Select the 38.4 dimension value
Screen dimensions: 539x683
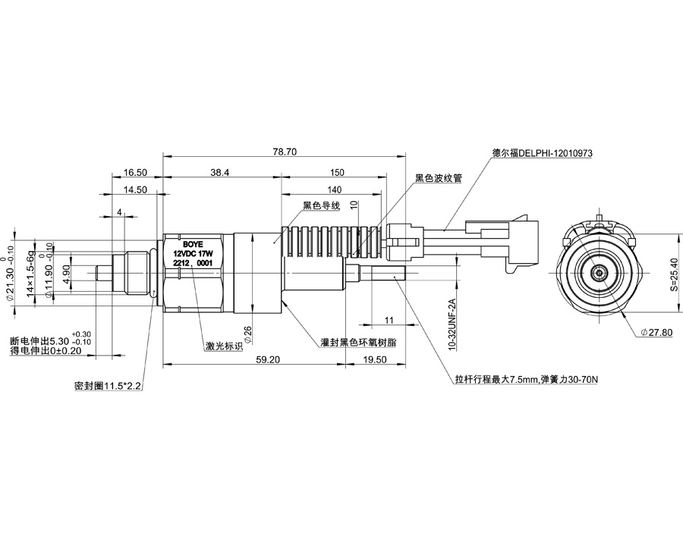[x=220, y=173]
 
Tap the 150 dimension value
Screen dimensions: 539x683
[x=338, y=173]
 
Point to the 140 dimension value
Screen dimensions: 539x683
[x=334, y=190]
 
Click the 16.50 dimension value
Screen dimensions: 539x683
[x=136, y=173]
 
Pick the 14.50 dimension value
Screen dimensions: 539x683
[x=136, y=190]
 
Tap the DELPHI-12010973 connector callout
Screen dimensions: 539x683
[x=542, y=152]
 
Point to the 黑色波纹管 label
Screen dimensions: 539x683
[x=438, y=179]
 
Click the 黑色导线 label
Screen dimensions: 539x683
[x=320, y=205]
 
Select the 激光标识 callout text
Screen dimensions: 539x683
[x=224, y=346]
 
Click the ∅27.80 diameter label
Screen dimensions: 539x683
[x=656, y=332]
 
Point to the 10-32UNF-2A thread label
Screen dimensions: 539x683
[x=452, y=324]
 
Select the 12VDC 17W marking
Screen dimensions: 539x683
[x=191, y=254]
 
